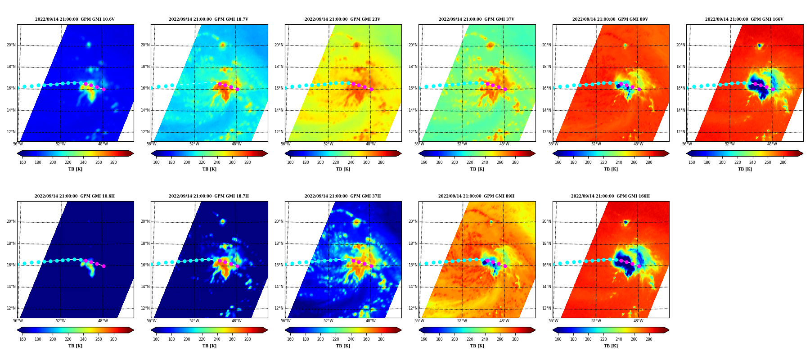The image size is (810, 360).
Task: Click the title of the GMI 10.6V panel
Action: (75, 19)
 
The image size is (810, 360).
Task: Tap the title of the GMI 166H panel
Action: (610, 196)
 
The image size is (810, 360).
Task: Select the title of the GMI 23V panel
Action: (342, 19)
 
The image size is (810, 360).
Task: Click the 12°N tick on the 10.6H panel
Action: (11, 308)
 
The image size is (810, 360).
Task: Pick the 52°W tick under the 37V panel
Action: (462, 144)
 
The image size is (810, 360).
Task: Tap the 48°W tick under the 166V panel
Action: (772, 144)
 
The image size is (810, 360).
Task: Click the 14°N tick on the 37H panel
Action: (279, 287)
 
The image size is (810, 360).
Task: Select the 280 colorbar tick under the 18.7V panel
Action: (247, 162)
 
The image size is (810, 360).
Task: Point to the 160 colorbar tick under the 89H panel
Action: (424, 339)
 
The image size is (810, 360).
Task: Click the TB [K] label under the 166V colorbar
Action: (745, 169)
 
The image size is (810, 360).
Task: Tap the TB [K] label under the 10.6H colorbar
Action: (75, 346)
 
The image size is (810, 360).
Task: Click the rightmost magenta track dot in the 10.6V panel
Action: (103, 89)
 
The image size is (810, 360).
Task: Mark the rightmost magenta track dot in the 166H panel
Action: (639, 266)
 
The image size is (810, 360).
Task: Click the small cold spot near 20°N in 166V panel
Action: (759, 45)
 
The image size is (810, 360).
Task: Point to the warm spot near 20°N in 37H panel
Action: (356, 222)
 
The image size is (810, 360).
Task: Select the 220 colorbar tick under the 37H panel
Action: (336, 339)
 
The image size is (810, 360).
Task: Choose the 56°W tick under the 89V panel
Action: (553, 144)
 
